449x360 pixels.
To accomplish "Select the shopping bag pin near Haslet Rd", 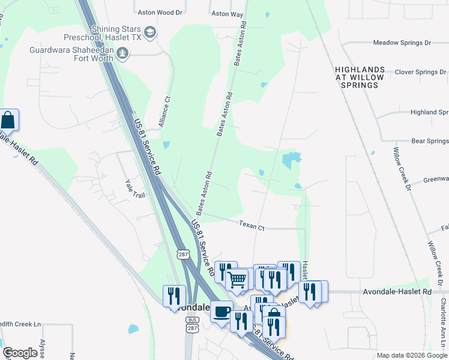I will pos(8,119).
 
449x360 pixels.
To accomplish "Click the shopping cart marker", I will pos(237,278).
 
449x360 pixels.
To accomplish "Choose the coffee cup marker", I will pos(221,311).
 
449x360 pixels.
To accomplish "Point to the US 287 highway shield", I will pos(184,255).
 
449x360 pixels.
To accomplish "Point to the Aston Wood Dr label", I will pos(159,12).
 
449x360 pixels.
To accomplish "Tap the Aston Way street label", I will pos(227,13).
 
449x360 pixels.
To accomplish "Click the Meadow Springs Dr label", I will pos(402,43).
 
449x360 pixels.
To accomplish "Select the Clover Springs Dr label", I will pos(420,72).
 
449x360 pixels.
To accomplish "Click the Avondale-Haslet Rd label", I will pos(397,292).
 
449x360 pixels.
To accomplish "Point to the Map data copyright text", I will pos(412,355).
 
